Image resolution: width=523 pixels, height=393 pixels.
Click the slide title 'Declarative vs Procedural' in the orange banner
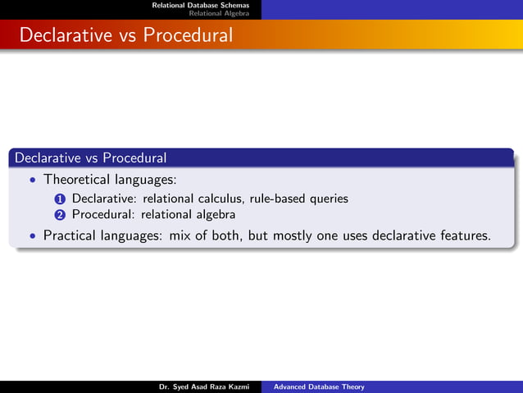pyautogui.click(x=125, y=36)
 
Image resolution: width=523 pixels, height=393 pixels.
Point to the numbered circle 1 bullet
pyautogui.click(x=60, y=199)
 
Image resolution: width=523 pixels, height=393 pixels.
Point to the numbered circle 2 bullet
pyautogui.click(x=60, y=216)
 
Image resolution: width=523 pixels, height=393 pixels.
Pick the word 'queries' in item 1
pyautogui.click(x=328, y=199)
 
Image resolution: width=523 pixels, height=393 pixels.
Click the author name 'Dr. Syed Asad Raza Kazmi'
pyautogui.click(x=203, y=386)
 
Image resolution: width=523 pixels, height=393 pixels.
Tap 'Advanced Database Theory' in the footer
pyautogui.click(x=319, y=386)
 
